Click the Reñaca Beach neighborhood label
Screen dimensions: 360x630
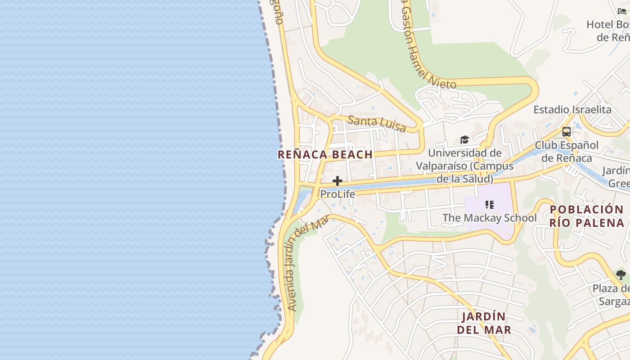(x=325, y=154)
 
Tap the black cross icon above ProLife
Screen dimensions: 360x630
(x=337, y=181)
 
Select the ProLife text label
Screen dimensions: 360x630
(x=337, y=194)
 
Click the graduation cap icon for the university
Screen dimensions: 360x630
(x=464, y=140)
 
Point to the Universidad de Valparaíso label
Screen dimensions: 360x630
(x=464, y=166)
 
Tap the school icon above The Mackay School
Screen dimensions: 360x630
(x=490, y=205)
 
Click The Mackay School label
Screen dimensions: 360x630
(x=490, y=218)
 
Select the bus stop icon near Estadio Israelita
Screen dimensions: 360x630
(x=566, y=132)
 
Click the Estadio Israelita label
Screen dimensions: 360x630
(x=572, y=110)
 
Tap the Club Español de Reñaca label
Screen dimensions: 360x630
(x=567, y=152)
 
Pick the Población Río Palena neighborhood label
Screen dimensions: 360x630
(x=587, y=216)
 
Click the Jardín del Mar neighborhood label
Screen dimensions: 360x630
(x=484, y=323)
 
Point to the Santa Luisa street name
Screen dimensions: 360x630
(x=377, y=123)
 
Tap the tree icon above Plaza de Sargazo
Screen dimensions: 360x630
(x=621, y=274)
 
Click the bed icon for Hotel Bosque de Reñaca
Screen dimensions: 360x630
(x=622, y=11)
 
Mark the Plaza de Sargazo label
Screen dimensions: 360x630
(x=611, y=295)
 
